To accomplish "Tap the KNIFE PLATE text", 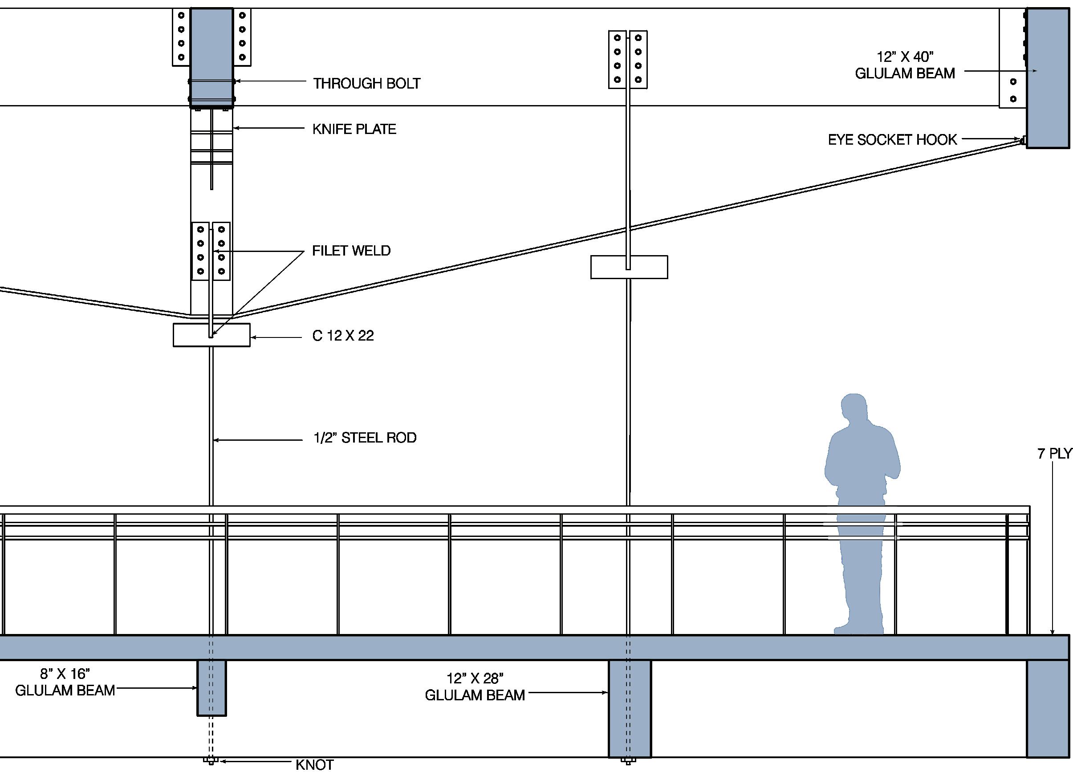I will tap(354, 129).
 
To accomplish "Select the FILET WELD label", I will tap(351, 251).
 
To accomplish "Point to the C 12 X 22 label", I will tap(343, 336).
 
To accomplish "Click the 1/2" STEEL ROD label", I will tap(365, 438).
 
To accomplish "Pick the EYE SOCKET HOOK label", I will tap(892, 139).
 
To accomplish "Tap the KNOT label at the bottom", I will tap(314, 765).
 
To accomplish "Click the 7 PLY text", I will tap(1054, 454).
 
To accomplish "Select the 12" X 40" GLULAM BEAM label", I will tap(905, 65).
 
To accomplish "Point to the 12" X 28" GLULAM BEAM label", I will tap(475, 687).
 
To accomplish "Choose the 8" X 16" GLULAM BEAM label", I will tap(65, 682).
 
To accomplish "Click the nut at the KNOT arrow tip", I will tap(211, 761).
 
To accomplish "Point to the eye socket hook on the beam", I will tap(1023, 141).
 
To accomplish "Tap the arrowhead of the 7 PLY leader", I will tap(1053, 632).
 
